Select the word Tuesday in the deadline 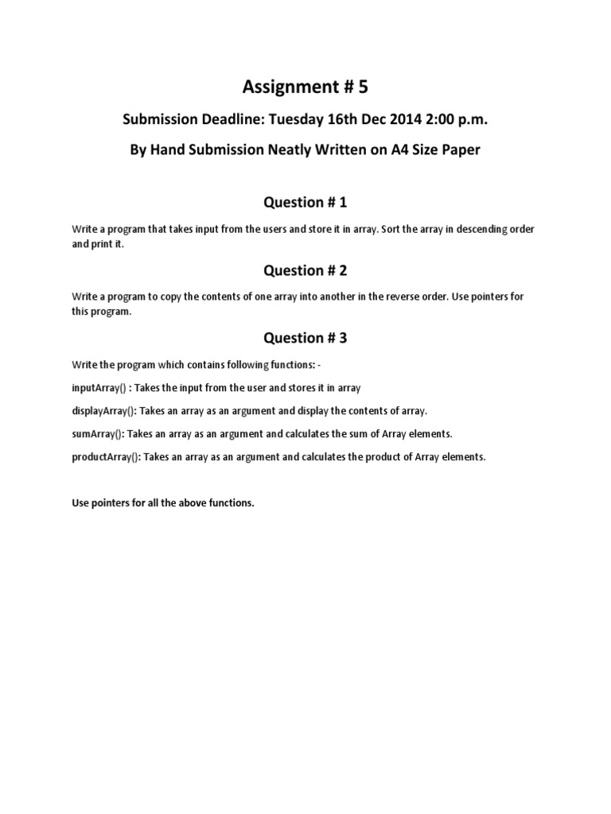coord(298,119)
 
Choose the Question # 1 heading coord(305,203)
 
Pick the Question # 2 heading coord(305,270)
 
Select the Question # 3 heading coord(305,338)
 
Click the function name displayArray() coord(104,411)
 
